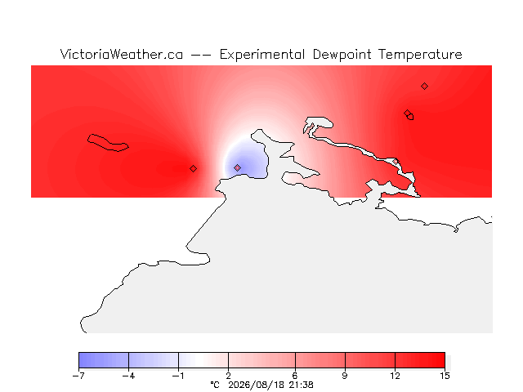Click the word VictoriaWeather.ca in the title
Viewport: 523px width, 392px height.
pyautogui.click(x=122, y=55)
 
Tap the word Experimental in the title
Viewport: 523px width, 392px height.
pyautogui.click(x=262, y=55)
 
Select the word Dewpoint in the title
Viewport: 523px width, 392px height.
pyautogui.click(x=342, y=55)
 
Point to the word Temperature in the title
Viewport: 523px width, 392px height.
pyautogui.click(x=420, y=55)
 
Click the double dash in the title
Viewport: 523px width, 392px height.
pyautogui.click(x=201, y=55)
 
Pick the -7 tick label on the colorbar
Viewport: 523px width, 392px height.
pyautogui.click(x=78, y=376)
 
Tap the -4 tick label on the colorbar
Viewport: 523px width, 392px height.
pyautogui.click(x=129, y=376)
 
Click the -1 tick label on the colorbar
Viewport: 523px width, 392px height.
pyautogui.click(x=178, y=376)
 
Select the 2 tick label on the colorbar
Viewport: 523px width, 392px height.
pyautogui.click(x=229, y=376)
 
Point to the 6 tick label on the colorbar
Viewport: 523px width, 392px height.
pyautogui.click(x=295, y=376)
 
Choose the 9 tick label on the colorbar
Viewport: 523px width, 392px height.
pyautogui.click(x=345, y=376)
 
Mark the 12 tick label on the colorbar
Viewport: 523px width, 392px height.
pyautogui.click(x=395, y=376)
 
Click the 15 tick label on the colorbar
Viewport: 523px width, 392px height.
pyautogui.click(x=445, y=376)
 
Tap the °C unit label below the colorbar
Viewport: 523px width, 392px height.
pyautogui.click(x=215, y=385)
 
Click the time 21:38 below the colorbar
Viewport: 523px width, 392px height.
pyautogui.click(x=302, y=385)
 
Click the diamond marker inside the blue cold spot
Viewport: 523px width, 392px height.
pyautogui.click(x=237, y=167)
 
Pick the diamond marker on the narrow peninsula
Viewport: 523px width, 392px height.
pyautogui.click(x=396, y=162)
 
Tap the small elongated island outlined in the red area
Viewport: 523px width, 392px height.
pyautogui.click(x=108, y=143)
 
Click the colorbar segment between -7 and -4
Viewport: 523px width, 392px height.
pyautogui.click(x=104, y=360)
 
